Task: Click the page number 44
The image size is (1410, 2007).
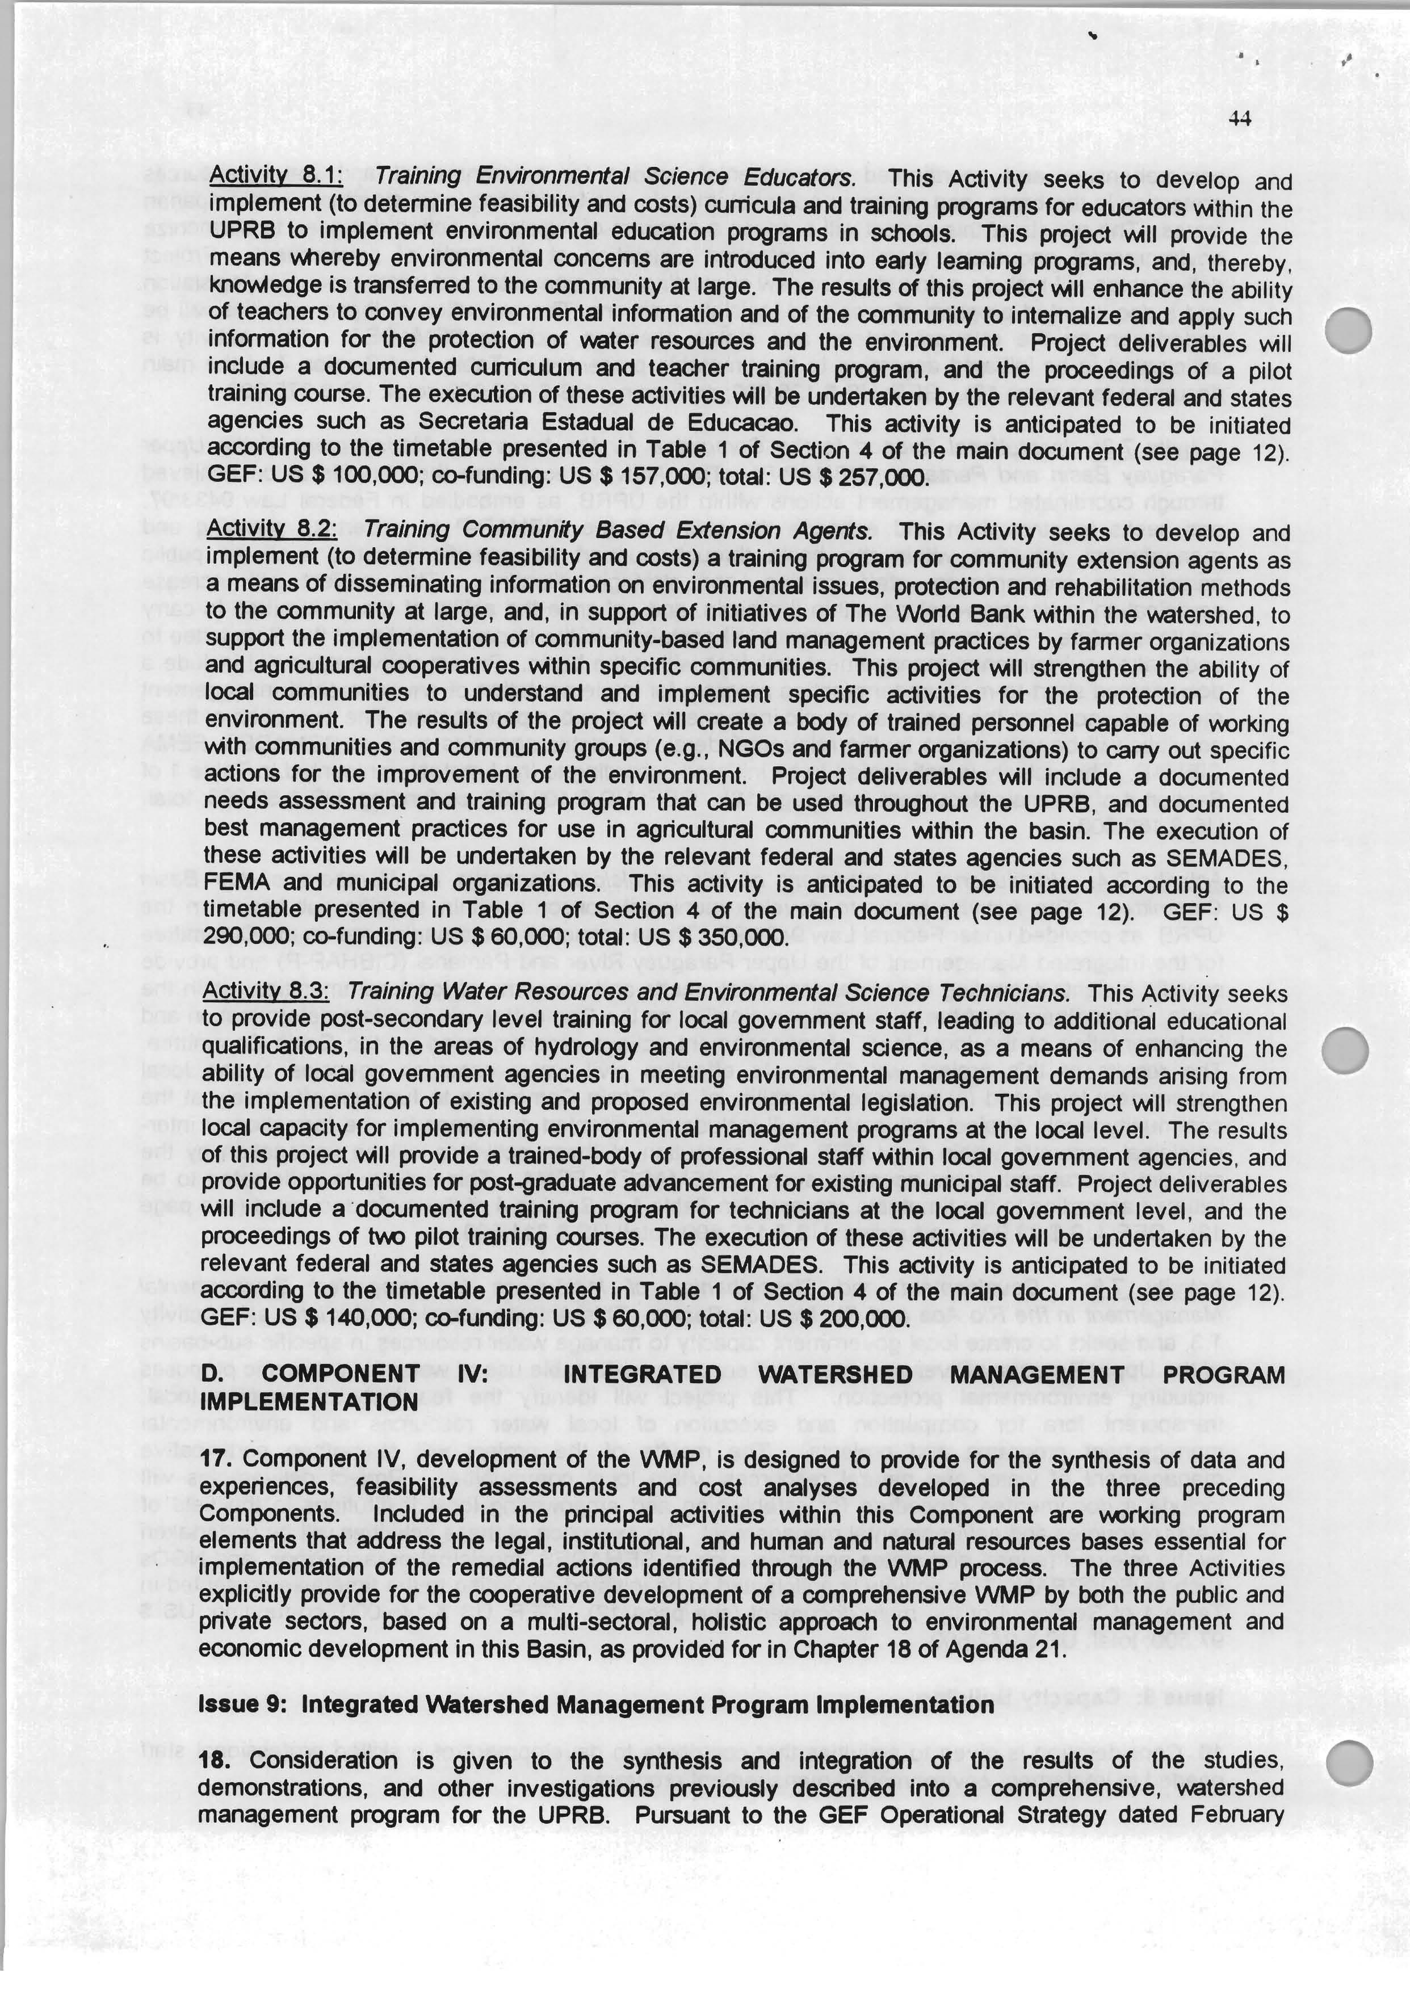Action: pyautogui.click(x=1240, y=119)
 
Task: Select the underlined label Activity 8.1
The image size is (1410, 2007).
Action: pyautogui.click(x=275, y=176)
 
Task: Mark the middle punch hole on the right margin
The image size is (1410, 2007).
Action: pyautogui.click(x=1346, y=1049)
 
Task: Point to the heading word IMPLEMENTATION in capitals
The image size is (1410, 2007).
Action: pyautogui.click(x=309, y=1401)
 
